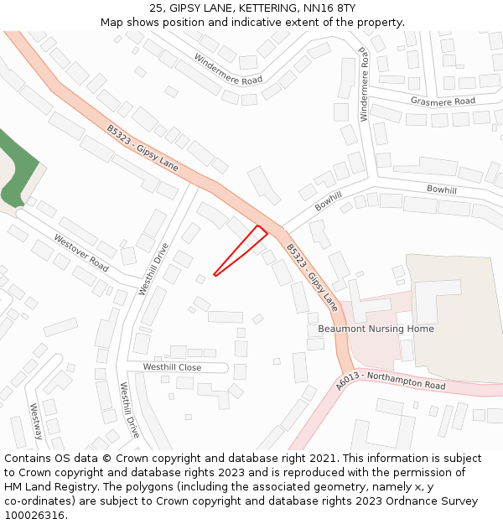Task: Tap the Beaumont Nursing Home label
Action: coord(376,329)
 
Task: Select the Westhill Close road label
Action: coord(172,367)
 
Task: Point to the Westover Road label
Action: coord(81,252)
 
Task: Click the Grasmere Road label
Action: coord(443,101)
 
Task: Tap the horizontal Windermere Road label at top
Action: coord(228,70)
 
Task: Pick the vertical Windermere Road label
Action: coord(364,85)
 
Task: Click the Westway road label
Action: coord(36,422)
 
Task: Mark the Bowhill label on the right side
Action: coord(442,190)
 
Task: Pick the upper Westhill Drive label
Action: coord(153,269)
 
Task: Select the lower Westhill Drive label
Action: coord(129,410)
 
